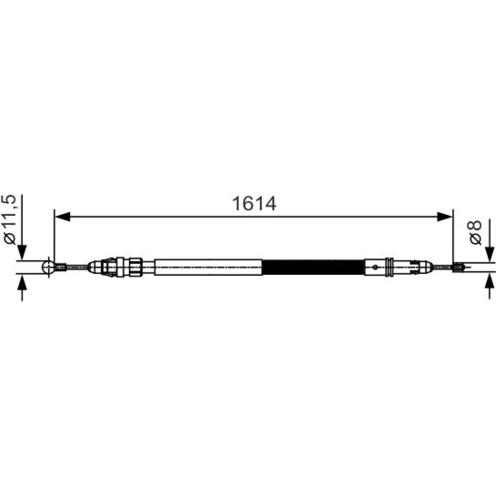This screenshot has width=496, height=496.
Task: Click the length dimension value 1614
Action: [254, 203]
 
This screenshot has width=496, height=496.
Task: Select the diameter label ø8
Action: [476, 233]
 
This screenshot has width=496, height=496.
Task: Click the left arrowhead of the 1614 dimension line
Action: [62, 217]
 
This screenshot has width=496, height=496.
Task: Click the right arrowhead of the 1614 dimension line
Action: [445, 217]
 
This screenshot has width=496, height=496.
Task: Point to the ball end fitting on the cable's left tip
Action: [49, 267]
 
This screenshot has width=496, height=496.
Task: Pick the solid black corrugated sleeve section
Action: [313, 267]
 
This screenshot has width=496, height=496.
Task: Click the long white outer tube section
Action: [208, 267]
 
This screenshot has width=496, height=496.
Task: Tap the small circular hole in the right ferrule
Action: [375, 267]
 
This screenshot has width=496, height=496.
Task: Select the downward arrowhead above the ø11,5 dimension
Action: [22, 252]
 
